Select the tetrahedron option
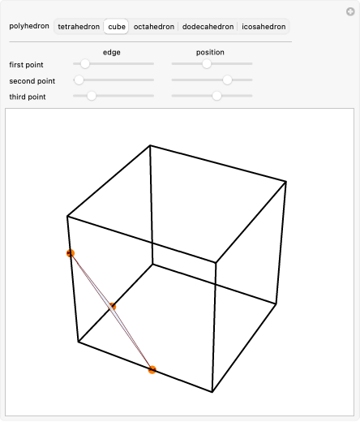coord(79,27)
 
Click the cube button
coord(117,27)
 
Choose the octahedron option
coord(154,27)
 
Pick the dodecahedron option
coord(208,27)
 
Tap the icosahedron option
coord(264,27)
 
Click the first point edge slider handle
coord(85,64)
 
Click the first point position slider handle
coord(207,64)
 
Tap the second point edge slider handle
coord(79,80)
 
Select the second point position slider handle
coord(227,80)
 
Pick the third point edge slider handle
coord(92,96)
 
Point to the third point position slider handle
coord(216,96)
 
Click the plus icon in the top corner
coord(350,11)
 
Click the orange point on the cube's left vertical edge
coord(71,253)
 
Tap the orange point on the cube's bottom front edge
coord(152,369)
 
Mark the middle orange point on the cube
coord(112,307)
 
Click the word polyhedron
coord(29,26)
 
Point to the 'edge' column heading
coord(112,52)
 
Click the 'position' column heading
coord(210,52)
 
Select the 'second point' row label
coord(32,81)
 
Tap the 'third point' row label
coord(28,97)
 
